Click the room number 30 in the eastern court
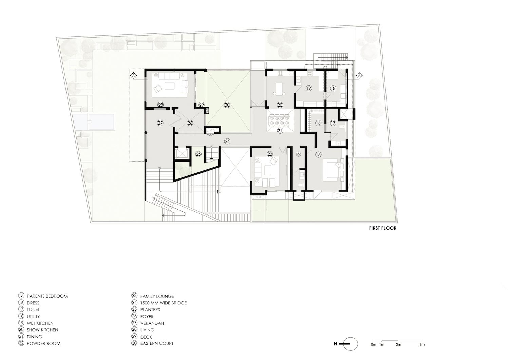[x=227, y=105]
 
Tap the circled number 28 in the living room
[x=161, y=105]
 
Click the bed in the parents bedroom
[x=332, y=170]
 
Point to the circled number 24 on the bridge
[x=227, y=141]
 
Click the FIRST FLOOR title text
[x=382, y=228]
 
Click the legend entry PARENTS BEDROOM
[x=47, y=296]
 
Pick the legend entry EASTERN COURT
[x=157, y=343]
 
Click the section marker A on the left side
[x=134, y=75]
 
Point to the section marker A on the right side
[x=359, y=76]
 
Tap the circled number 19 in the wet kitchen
[x=308, y=88]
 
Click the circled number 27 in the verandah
[x=161, y=123]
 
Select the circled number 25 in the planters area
[x=199, y=154]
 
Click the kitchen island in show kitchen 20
[x=280, y=89]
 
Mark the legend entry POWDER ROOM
[x=43, y=343]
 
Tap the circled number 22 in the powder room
[x=298, y=154]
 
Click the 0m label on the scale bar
[x=373, y=345]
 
